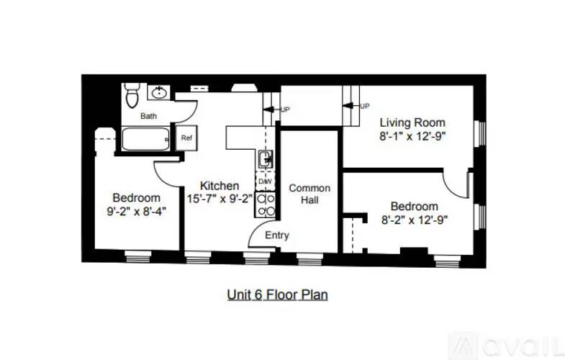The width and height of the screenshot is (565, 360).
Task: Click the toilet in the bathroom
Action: pyautogui.click(x=132, y=93)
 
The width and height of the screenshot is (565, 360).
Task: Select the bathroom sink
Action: pyautogui.click(x=159, y=92)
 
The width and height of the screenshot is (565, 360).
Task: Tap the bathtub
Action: pyautogui.click(x=145, y=138)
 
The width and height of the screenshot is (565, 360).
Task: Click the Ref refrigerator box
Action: pyautogui.click(x=186, y=138)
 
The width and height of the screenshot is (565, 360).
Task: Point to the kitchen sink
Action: pyautogui.click(x=265, y=158)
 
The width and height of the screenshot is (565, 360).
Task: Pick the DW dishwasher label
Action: pyautogui.click(x=265, y=181)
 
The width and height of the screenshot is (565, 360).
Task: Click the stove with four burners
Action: pyautogui.click(x=265, y=204)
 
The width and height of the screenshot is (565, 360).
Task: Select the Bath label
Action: pyautogui.click(x=148, y=116)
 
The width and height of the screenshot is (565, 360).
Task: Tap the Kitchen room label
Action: pyautogui.click(x=220, y=186)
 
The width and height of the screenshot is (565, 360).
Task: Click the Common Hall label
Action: pyautogui.click(x=309, y=194)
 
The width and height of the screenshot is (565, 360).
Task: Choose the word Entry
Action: pyautogui.click(x=277, y=235)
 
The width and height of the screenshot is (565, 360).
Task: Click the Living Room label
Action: pyautogui.click(x=412, y=122)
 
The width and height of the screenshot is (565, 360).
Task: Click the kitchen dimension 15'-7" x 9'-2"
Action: pyautogui.click(x=220, y=199)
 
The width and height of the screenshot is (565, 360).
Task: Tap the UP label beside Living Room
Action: pyautogui.click(x=365, y=106)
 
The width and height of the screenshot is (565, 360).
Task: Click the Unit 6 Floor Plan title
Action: pyautogui.click(x=278, y=294)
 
